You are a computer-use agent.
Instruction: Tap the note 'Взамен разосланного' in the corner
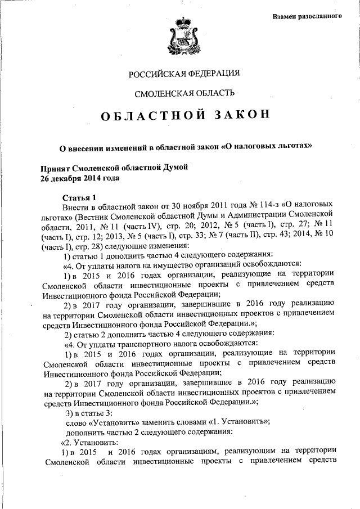point(307,15)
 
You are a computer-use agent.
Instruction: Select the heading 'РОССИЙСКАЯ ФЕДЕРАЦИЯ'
point(184,73)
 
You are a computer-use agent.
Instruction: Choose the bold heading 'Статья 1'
point(80,197)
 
